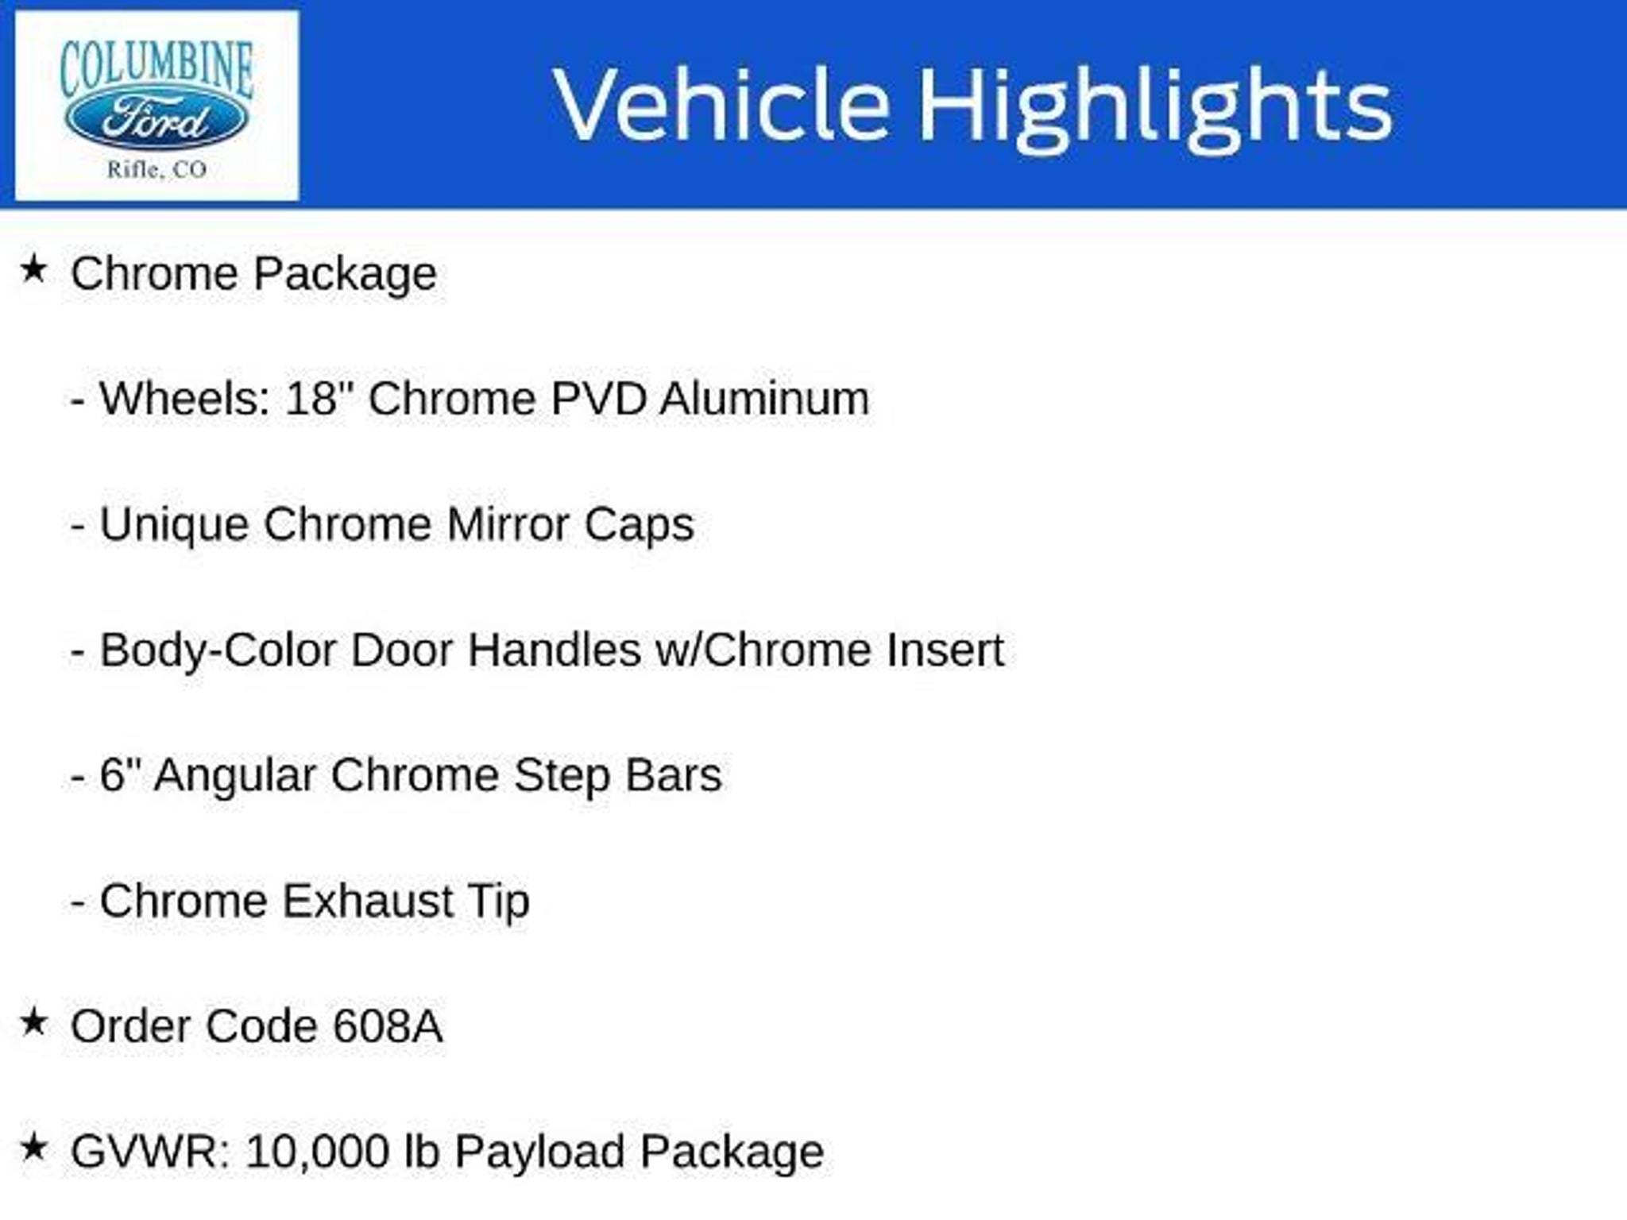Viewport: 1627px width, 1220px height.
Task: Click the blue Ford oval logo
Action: (157, 120)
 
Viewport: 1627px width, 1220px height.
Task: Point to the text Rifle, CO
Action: (157, 169)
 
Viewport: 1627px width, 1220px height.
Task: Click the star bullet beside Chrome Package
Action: (33, 268)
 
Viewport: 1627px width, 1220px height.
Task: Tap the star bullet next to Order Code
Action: (33, 1021)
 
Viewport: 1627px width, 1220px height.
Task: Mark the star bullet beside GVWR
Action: (33, 1147)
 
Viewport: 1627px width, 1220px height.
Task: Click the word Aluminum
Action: (764, 398)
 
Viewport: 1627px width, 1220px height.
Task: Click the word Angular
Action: (235, 777)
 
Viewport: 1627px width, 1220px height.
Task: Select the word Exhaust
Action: (367, 901)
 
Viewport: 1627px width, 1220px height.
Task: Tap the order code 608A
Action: (388, 1026)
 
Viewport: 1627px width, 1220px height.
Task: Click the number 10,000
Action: (316, 1153)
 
